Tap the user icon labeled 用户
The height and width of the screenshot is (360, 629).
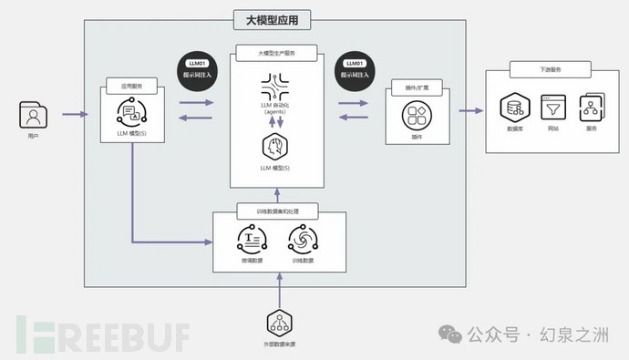(x=34, y=116)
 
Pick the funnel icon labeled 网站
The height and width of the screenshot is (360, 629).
(x=552, y=108)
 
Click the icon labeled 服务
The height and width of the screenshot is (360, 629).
(x=590, y=108)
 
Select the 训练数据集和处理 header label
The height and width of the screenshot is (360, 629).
(x=279, y=211)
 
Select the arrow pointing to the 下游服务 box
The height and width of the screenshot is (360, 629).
(x=469, y=111)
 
